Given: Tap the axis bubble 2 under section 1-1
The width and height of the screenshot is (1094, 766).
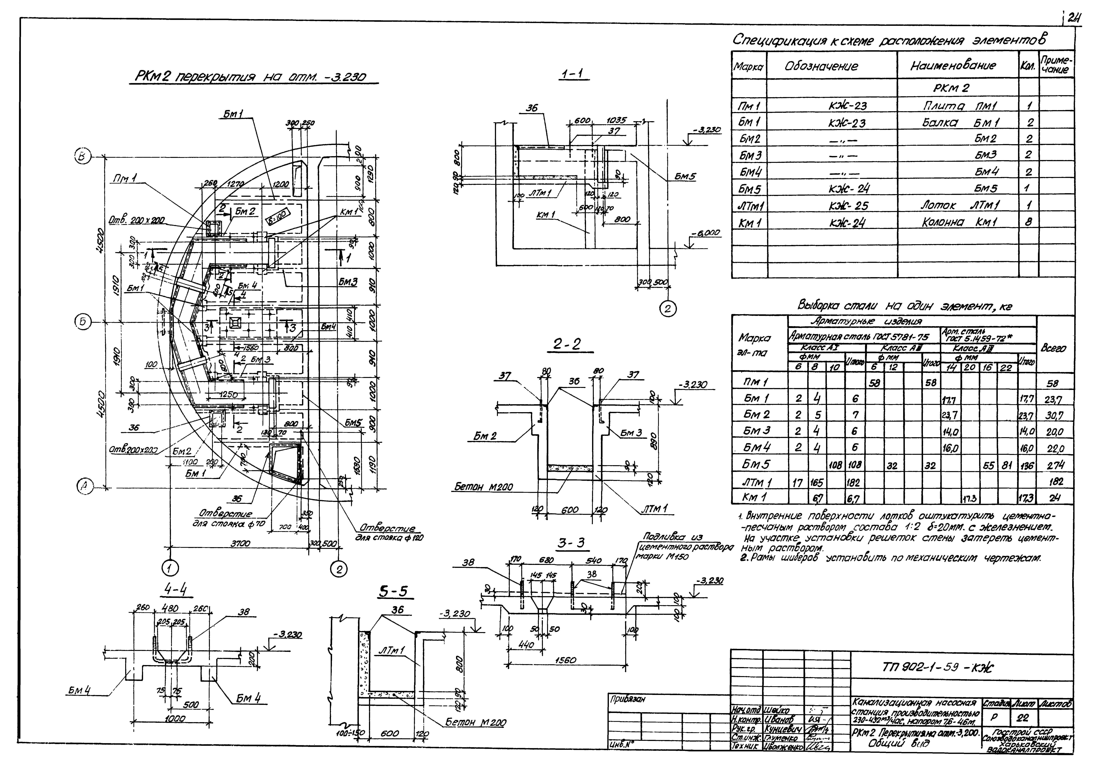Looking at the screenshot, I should pyautogui.click(x=668, y=309).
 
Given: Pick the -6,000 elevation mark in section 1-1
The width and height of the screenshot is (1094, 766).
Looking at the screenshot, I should pyautogui.click(x=705, y=233).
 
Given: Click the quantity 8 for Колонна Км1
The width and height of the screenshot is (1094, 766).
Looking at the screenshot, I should pyautogui.click(x=1029, y=222).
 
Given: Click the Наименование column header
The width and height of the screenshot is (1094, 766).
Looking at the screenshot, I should pyautogui.click(x=953, y=66).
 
